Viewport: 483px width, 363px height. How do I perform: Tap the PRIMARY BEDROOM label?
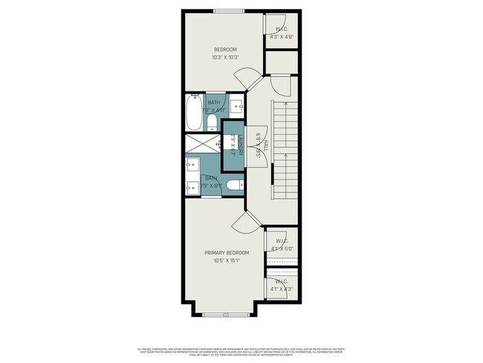point(226,253)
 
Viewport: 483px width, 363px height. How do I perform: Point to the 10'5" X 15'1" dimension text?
point(226,261)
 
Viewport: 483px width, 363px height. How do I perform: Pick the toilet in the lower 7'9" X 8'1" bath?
point(233,185)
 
